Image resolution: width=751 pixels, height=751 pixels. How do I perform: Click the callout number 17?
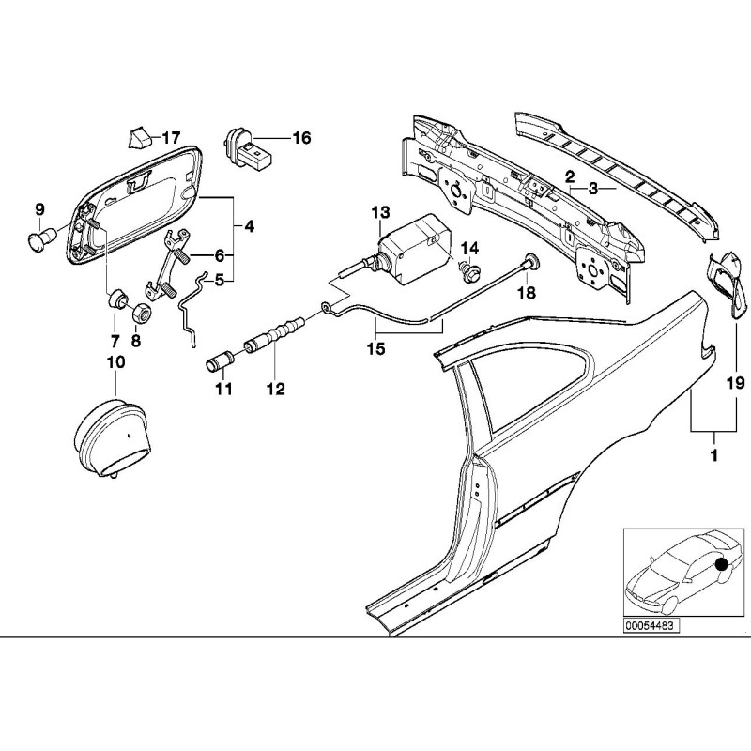pos(171,138)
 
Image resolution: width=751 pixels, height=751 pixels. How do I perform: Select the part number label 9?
pos(39,207)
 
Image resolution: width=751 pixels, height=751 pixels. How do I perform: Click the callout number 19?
pos(735,382)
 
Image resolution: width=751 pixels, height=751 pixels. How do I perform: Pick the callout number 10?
pos(115,360)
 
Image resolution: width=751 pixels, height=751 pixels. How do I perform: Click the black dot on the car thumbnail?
pos(721,564)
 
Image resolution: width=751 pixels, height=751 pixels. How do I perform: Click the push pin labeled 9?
pos(39,238)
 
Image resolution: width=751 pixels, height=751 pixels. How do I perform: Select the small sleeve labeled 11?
pos(223,360)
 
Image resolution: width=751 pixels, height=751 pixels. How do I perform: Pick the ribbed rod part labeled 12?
pos(274,337)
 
